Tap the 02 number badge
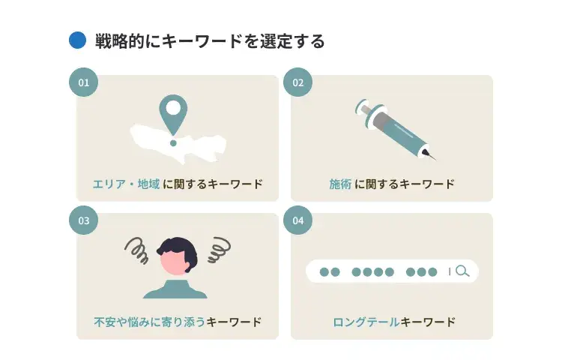point(297,82)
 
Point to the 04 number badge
point(297,220)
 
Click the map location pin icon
point(173,112)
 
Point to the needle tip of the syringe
point(435,158)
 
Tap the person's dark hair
point(180,247)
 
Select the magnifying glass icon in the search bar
point(462,271)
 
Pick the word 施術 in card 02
point(340,184)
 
